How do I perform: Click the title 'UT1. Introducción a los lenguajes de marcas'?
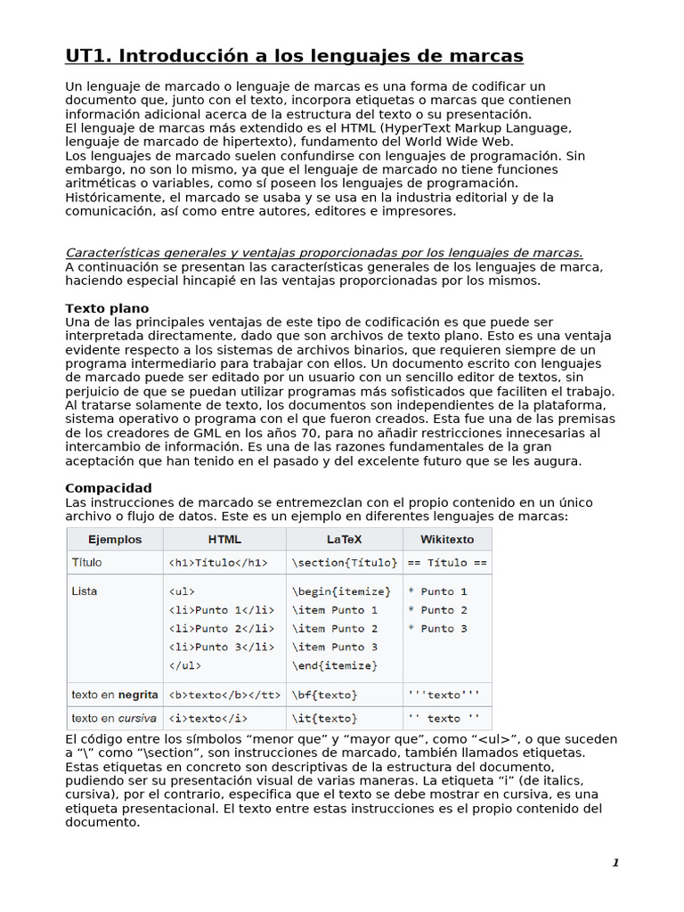(x=294, y=57)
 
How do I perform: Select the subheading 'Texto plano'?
(x=107, y=308)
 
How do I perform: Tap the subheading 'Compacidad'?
(x=109, y=488)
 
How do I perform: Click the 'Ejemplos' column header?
(x=115, y=539)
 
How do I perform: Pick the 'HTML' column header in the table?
(x=224, y=539)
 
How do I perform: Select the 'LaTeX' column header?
(x=344, y=539)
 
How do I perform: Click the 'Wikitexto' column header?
(x=447, y=539)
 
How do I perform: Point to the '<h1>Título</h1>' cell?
(x=217, y=563)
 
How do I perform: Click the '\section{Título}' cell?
(x=344, y=563)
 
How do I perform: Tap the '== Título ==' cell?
(x=447, y=563)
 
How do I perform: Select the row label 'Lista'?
(x=85, y=591)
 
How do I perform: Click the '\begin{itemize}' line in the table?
(x=340, y=591)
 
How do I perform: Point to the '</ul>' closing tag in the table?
(x=184, y=665)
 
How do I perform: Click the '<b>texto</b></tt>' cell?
(x=224, y=695)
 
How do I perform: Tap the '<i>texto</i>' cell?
(x=208, y=718)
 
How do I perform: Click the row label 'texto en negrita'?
(x=115, y=695)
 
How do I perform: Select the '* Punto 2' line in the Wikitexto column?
(x=437, y=610)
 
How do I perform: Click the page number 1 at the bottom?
(x=615, y=862)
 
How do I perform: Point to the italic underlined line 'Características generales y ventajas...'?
(x=324, y=253)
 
